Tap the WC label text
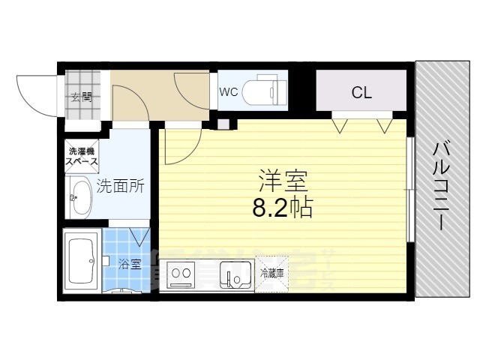click(229, 92)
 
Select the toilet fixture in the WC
click(266, 90)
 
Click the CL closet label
click(362, 93)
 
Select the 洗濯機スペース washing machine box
click(80, 156)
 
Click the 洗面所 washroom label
click(120, 186)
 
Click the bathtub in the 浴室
click(79, 262)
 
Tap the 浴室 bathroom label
click(130, 264)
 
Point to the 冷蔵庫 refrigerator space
click(272, 275)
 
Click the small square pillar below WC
click(222, 124)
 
